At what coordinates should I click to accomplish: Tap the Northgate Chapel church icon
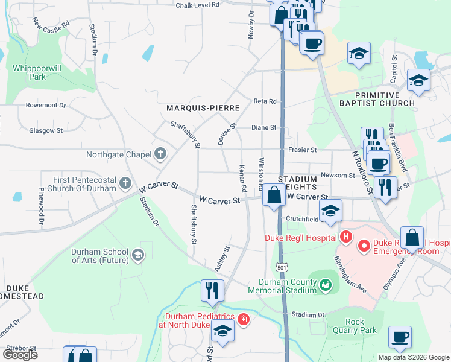(x=160, y=154)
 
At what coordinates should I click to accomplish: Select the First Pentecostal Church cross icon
(x=125, y=182)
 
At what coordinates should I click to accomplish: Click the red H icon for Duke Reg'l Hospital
(x=345, y=238)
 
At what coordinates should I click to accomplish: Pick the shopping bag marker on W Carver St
(x=274, y=195)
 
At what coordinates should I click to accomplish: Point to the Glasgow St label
(x=46, y=130)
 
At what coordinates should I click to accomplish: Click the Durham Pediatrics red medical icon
(x=243, y=319)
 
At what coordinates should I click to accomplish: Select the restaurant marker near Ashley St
(x=212, y=290)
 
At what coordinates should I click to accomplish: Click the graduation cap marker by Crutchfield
(x=330, y=211)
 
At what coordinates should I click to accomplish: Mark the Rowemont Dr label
(x=46, y=105)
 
